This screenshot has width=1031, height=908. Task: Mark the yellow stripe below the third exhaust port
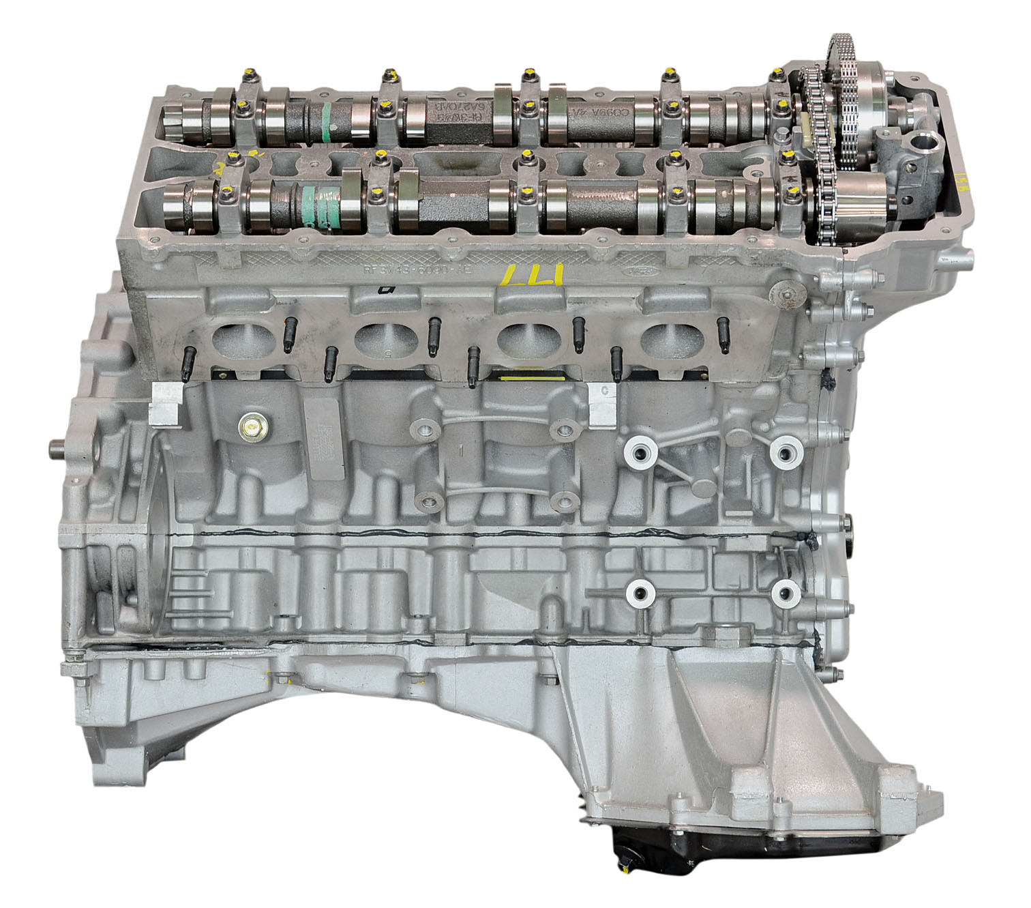coord(532,377)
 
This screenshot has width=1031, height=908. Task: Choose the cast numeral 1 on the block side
coord(462,451)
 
